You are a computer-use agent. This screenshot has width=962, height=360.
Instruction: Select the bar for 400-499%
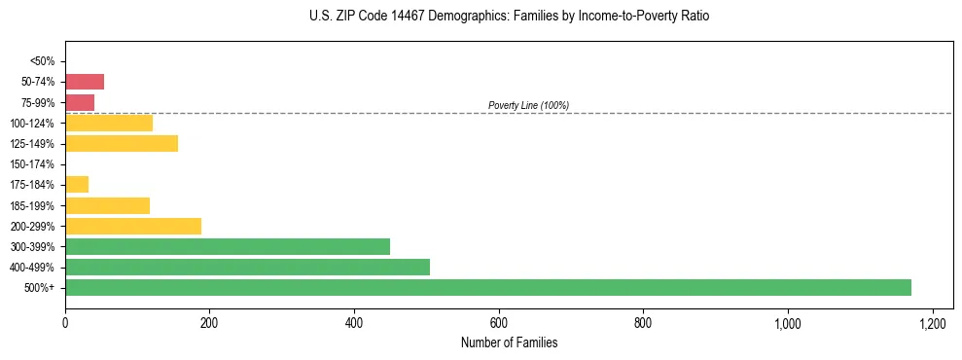pos(247,267)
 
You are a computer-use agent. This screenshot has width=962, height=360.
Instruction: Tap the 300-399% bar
pos(228,246)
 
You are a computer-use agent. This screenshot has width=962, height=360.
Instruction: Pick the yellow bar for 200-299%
pos(133,226)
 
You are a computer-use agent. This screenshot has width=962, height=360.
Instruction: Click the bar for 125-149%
pos(122,144)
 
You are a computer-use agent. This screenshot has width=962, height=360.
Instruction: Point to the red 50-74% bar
pos(85,82)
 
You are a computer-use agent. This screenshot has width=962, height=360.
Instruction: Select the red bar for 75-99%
pos(80,102)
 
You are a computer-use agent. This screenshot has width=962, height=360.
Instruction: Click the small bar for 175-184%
pos(77,185)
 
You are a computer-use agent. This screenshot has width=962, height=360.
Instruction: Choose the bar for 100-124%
pos(109,124)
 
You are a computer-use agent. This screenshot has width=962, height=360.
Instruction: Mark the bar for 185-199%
pos(107,205)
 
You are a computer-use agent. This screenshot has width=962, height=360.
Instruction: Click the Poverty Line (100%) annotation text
pos(528,105)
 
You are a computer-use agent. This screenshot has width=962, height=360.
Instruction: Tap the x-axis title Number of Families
pos(509,342)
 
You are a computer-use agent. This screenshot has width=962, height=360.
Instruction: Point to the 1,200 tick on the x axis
pos(932,322)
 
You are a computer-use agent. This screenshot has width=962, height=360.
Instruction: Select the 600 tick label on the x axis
pos(498,322)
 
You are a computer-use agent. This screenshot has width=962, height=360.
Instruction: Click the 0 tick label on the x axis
pos(65,322)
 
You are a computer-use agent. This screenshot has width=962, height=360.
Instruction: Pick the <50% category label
pos(42,61)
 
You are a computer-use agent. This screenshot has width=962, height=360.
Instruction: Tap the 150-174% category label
pos(33,164)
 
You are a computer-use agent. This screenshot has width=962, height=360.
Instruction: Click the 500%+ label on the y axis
pos(40,288)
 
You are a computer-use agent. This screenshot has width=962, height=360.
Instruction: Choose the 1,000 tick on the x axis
pos(787,322)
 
